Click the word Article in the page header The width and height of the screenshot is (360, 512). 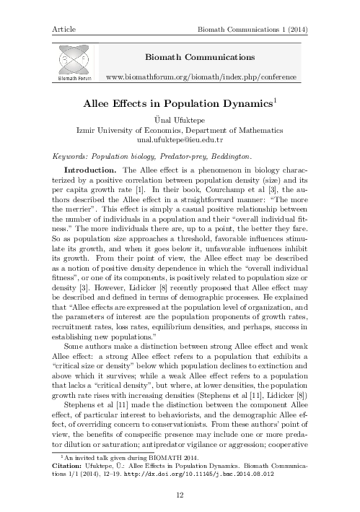click(64, 28)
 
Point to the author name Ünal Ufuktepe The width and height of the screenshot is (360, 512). click(180, 120)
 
